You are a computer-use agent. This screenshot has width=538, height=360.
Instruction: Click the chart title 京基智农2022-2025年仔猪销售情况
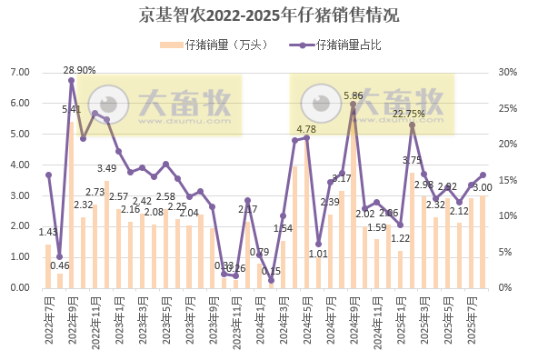[269, 15]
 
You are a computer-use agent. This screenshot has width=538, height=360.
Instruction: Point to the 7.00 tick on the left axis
[19, 73]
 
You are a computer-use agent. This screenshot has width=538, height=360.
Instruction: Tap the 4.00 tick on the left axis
[19, 165]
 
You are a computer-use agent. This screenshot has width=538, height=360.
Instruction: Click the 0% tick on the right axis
[506, 287]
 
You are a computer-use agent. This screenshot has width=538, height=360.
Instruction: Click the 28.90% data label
[79, 70]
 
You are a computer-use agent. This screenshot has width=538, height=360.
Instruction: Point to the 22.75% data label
[408, 114]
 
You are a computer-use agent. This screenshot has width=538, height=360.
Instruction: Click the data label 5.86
[354, 95]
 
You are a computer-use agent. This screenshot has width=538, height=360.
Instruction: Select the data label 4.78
[306, 129]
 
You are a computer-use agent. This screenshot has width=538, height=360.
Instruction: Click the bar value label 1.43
[47, 232]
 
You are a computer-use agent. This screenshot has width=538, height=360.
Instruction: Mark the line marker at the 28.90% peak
[71, 80]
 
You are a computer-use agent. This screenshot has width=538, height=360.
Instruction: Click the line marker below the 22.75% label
[412, 125]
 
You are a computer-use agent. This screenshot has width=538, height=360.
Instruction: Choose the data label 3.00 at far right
[483, 187]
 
